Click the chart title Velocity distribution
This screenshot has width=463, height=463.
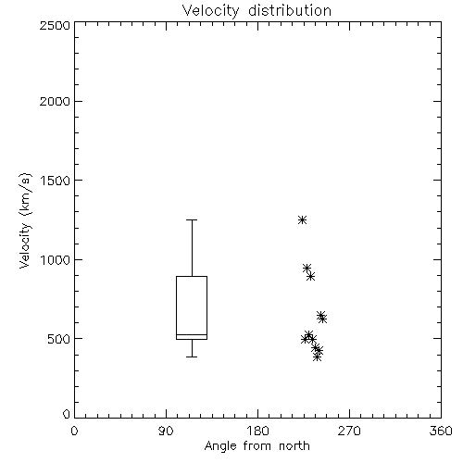(x=257, y=11)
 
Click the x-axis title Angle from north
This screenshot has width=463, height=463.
(x=257, y=446)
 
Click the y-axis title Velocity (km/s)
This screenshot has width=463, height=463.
(x=25, y=220)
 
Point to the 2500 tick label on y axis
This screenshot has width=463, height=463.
(x=55, y=25)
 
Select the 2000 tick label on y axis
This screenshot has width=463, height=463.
(x=55, y=101)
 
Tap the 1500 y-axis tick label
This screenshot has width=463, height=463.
(x=56, y=181)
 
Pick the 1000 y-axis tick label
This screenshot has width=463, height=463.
(x=56, y=260)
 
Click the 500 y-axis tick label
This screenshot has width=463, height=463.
(x=59, y=339)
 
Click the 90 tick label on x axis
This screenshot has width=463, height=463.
(x=166, y=431)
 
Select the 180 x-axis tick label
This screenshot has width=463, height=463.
(x=257, y=431)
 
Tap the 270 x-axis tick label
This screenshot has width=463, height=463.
(x=349, y=431)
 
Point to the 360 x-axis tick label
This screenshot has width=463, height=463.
(x=441, y=431)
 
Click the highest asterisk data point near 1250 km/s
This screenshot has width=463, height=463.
(x=302, y=220)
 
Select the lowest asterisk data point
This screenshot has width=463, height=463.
(x=317, y=357)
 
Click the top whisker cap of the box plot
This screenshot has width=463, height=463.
(x=192, y=219)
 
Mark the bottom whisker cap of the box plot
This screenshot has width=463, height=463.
(x=192, y=357)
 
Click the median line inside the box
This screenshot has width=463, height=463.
(x=192, y=335)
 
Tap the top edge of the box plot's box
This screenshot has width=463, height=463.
(x=192, y=276)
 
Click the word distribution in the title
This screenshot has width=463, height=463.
(x=290, y=11)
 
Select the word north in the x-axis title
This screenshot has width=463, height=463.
(x=294, y=446)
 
